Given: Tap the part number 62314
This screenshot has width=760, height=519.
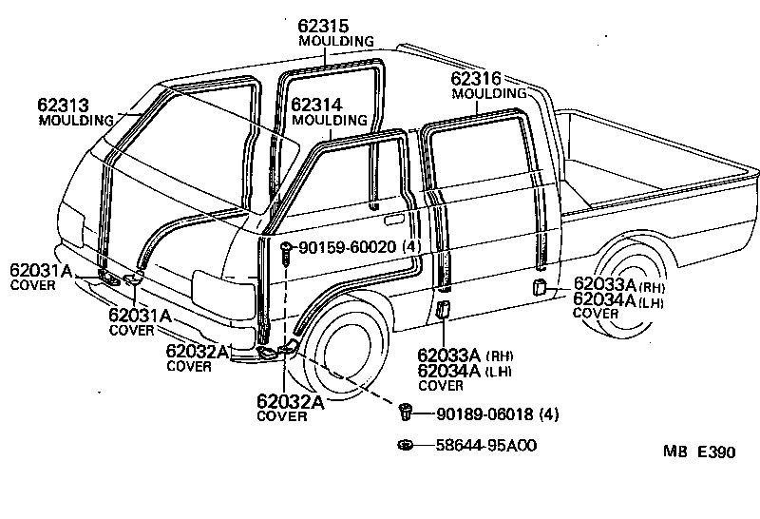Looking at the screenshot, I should pyautogui.click(x=316, y=105).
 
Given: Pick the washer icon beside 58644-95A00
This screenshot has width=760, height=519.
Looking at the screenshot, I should pyautogui.click(x=405, y=445).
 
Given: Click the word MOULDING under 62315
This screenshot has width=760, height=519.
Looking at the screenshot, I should pyautogui.click(x=335, y=42).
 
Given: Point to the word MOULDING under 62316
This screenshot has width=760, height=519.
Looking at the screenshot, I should pyautogui.click(x=489, y=94).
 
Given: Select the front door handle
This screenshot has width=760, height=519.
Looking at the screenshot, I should pyautogui.click(x=375, y=206).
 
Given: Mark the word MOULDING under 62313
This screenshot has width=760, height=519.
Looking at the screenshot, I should pyautogui.click(x=76, y=121).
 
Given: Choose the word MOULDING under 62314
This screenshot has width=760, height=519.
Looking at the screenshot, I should pyautogui.click(x=330, y=120).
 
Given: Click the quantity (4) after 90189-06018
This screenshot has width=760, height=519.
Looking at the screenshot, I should pyautogui.click(x=552, y=414).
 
